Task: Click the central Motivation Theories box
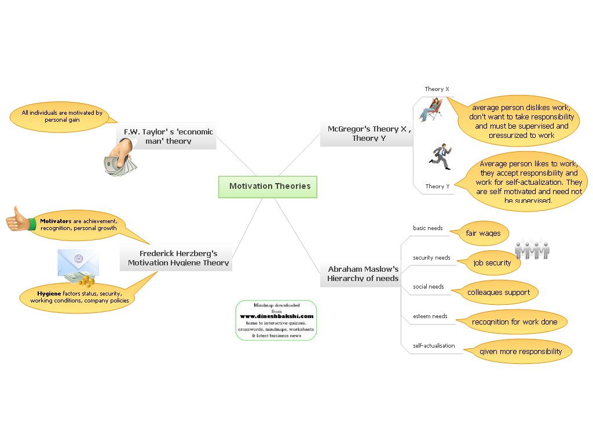268,187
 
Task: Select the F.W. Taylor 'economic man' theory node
169,137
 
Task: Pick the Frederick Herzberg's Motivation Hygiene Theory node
178,258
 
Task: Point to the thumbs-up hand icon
20,220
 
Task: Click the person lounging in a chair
430,110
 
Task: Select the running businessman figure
442,156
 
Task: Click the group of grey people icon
532,249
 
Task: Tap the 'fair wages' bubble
483,234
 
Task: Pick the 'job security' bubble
492,262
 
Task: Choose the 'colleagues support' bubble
498,292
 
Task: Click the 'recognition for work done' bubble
514,322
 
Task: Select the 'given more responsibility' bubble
520,351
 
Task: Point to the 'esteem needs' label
430,316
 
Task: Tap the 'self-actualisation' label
433,346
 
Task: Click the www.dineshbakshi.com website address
276,316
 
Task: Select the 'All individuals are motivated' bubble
62,116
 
